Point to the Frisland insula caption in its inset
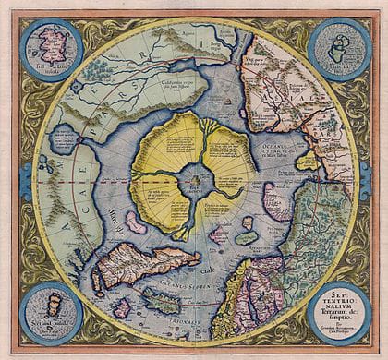[46, 74]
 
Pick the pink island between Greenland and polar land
[137, 222]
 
